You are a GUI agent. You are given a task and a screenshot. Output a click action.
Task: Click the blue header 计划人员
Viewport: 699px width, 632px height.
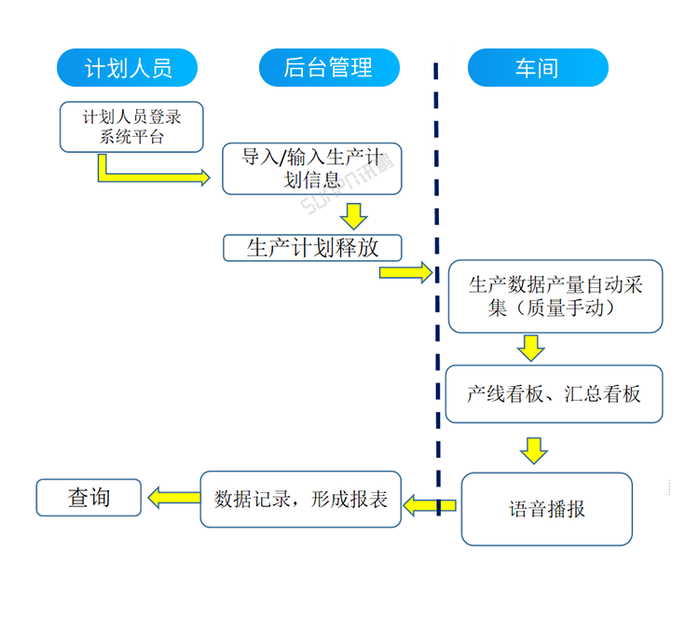pos(128,68)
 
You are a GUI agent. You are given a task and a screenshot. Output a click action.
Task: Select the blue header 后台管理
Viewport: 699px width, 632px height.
pos(328,68)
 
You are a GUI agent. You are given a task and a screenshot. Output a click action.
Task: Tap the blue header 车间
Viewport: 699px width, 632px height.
pos(537,68)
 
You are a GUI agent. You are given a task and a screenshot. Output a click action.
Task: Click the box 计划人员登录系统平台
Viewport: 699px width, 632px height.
pos(131,127)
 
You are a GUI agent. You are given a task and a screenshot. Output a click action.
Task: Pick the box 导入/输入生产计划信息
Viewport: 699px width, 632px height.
pos(311,169)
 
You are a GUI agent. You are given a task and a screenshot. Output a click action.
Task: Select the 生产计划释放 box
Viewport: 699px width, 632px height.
pos(311,248)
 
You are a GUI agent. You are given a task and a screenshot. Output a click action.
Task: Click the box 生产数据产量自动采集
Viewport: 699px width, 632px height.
pos(555,296)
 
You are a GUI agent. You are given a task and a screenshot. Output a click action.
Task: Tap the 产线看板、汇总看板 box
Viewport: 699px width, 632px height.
pos(555,393)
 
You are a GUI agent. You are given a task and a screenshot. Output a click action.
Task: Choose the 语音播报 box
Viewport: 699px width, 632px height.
pos(547,509)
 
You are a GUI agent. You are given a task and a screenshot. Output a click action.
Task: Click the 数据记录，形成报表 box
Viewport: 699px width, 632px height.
pos(300,500)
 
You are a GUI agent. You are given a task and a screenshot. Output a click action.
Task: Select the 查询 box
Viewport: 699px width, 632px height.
pos(89,498)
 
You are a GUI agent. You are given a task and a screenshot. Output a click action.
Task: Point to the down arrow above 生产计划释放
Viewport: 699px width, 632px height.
pos(353,215)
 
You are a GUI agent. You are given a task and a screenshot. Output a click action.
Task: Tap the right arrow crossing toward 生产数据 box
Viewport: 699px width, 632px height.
pos(406,272)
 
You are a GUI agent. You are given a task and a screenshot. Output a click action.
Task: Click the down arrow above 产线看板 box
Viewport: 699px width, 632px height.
pos(531,348)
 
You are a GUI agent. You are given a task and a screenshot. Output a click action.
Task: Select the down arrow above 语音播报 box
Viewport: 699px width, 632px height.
pos(533,449)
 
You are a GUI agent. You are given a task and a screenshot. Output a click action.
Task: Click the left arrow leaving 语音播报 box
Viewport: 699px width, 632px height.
pos(429,505)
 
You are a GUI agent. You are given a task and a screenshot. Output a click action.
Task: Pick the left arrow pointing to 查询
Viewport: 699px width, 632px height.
pos(171,498)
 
